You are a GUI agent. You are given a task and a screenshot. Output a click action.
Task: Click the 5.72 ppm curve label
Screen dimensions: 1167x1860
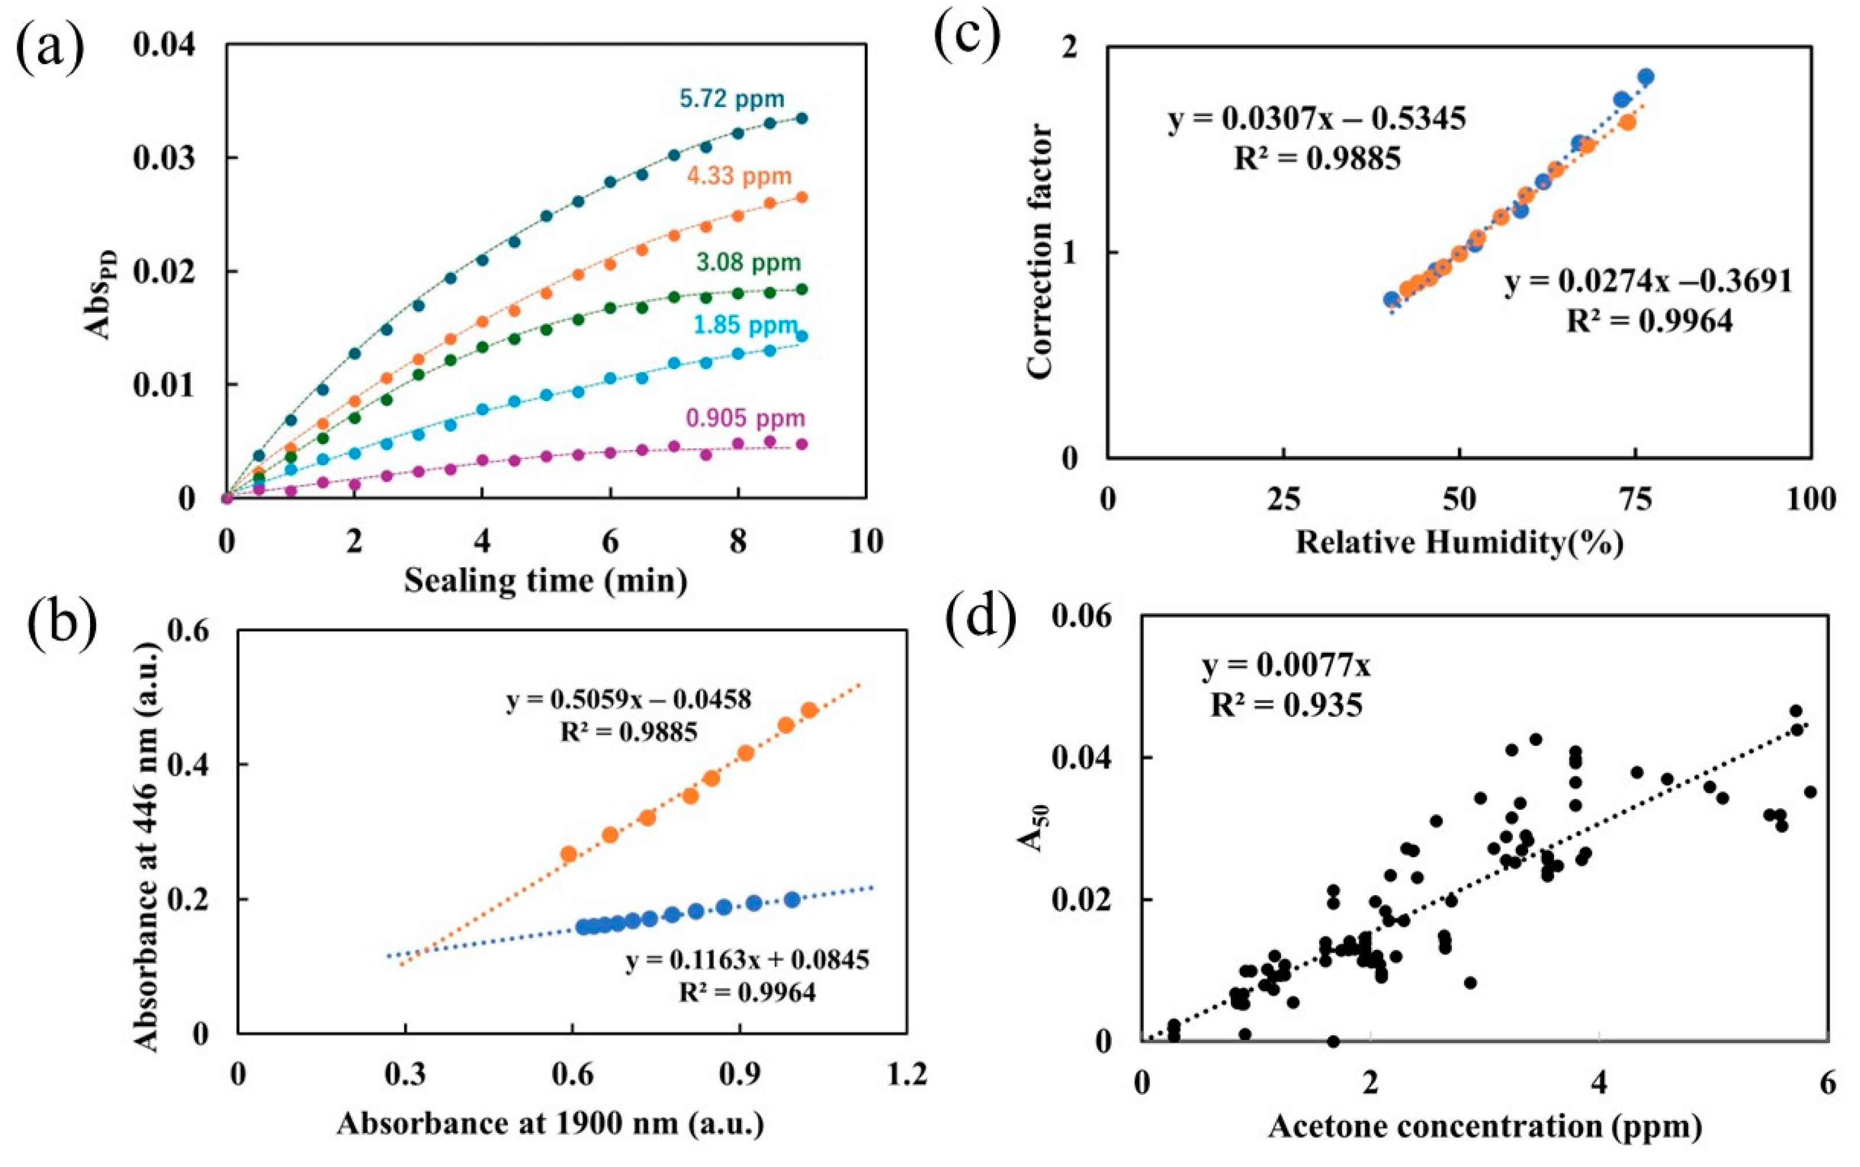pyautogui.click(x=731, y=99)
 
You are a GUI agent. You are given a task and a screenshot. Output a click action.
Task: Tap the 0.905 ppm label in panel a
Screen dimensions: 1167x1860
pyautogui.click(x=745, y=418)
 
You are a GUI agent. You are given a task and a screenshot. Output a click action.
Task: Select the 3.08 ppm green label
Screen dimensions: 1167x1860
pyautogui.click(x=748, y=263)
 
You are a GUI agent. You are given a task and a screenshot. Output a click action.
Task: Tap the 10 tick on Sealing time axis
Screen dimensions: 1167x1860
pyautogui.click(x=865, y=542)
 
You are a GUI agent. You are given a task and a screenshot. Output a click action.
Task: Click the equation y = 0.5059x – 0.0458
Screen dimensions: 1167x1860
pyautogui.click(x=628, y=700)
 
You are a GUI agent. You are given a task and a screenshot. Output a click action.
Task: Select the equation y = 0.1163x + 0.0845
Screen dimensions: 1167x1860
pyautogui.click(x=747, y=960)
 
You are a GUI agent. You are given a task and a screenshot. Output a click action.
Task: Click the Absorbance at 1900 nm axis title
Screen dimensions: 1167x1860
pyautogui.click(x=550, y=1124)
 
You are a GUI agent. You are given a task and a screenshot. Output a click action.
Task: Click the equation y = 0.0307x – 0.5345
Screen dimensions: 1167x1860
pyautogui.click(x=1317, y=119)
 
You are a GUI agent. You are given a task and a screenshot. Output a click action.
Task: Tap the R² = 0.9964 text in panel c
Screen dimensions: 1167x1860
pyautogui.click(x=1649, y=320)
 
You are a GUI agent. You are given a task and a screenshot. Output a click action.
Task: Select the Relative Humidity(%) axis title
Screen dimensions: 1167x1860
pyautogui.click(x=1459, y=543)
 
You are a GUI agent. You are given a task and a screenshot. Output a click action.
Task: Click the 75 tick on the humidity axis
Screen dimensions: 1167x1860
pyautogui.click(x=1634, y=500)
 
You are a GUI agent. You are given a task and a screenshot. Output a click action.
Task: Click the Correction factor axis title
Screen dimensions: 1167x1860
pyautogui.click(x=1040, y=251)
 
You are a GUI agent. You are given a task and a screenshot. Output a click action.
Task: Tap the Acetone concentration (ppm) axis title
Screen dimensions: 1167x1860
pyautogui.click(x=1484, y=1127)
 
